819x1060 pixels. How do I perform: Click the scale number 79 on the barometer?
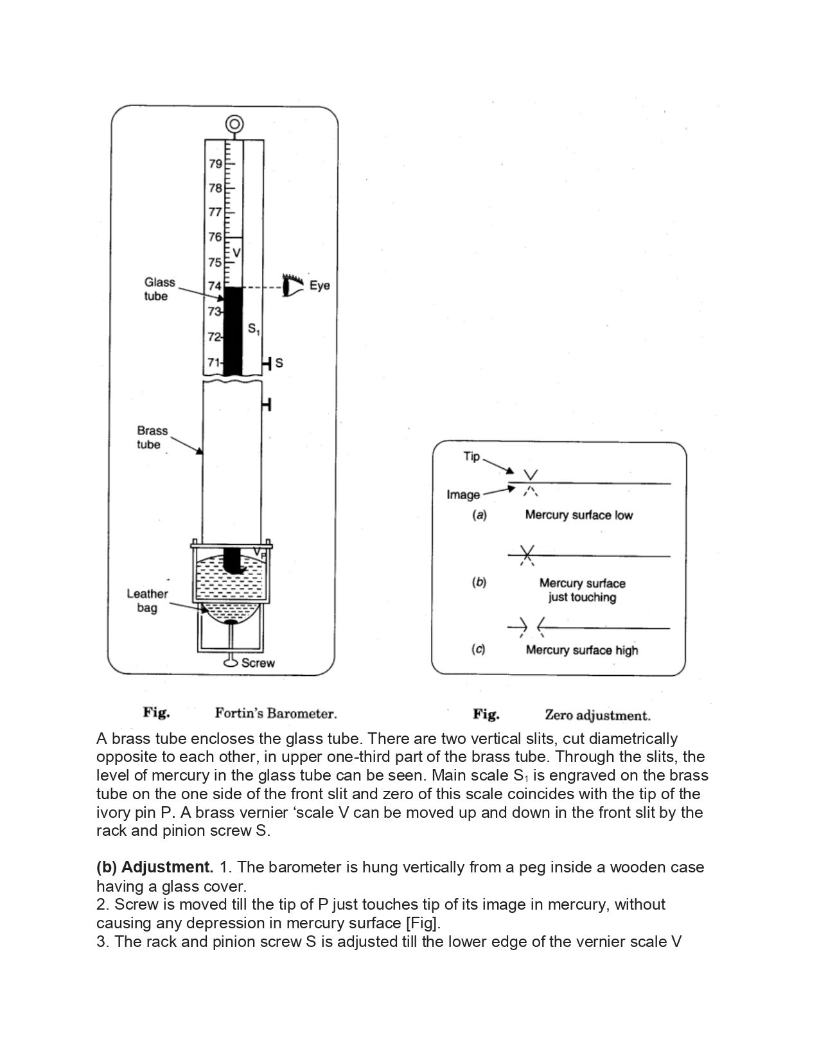(x=215, y=163)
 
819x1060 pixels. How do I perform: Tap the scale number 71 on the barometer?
(x=213, y=363)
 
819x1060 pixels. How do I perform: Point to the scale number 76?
(x=215, y=237)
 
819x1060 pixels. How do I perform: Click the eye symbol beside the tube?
(x=292, y=285)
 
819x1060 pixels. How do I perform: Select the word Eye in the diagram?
(x=319, y=285)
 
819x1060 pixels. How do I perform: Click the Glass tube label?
(x=159, y=289)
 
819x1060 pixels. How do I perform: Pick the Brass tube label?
(x=152, y=437)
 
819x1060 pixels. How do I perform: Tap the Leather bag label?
(x=147, y=601)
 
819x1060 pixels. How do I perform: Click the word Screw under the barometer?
(x=258, y=663)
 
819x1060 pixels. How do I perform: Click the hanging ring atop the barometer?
(x=234, y=123)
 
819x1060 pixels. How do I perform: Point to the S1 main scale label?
(x=254, y=330)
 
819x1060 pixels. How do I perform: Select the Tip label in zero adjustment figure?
(x=471, y=456)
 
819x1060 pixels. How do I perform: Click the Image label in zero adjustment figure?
(x=463, y=495)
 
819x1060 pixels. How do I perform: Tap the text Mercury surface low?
(x=579, y=515)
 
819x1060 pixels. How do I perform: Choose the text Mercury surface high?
(x=581, y=650)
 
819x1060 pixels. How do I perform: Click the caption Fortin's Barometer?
(x=276, y=713)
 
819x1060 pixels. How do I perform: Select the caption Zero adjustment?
(x=597, y=715)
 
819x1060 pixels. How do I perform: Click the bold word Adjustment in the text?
(x=167, y=867)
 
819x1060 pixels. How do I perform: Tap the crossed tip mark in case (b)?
(x=527, y=554)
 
